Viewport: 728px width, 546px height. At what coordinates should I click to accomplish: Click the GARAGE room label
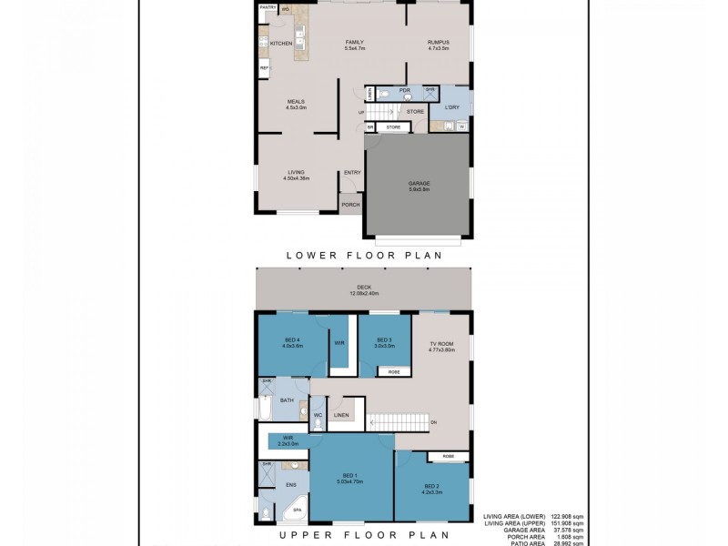(x=419, y=184)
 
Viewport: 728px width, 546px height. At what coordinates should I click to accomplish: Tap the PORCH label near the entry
(x=350, y=205)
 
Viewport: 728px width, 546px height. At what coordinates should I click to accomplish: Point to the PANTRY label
(x=268, y=7)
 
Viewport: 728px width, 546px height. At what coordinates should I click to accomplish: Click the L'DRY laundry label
(x=451, y=108)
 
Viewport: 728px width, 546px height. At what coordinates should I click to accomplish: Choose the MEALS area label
(x=296, y=102)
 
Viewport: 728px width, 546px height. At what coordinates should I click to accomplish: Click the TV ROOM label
(x=442, y=345)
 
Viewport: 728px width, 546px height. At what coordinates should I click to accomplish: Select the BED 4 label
(x=291, y=340)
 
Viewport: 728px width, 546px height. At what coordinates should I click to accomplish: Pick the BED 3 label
(x=384, y=340)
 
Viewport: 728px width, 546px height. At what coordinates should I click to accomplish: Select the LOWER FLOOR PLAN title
(x=364, y=256)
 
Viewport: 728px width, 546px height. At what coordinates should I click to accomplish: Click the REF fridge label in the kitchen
(x=265, y=68)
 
